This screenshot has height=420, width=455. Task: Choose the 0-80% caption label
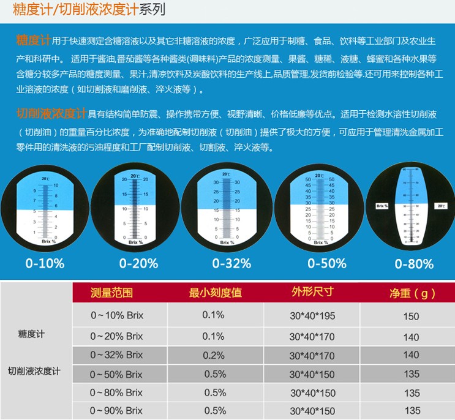(x=414, y=264)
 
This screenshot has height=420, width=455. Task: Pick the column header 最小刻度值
(x=216, y=292)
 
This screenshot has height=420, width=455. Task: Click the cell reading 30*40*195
(x=312, y=317)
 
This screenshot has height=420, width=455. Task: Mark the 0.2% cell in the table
(x=213, y=355)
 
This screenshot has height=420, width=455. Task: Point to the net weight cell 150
(x=412, y=317)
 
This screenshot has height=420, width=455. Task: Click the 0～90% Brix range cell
(x=116, y=411)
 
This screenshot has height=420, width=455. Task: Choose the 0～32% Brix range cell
(x=116, y=355)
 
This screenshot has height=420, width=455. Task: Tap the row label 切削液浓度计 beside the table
(x=34, y=371)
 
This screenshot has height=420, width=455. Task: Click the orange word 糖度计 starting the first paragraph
(x=32, y=40)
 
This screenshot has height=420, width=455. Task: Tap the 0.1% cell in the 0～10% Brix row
(x=213, y=317)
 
